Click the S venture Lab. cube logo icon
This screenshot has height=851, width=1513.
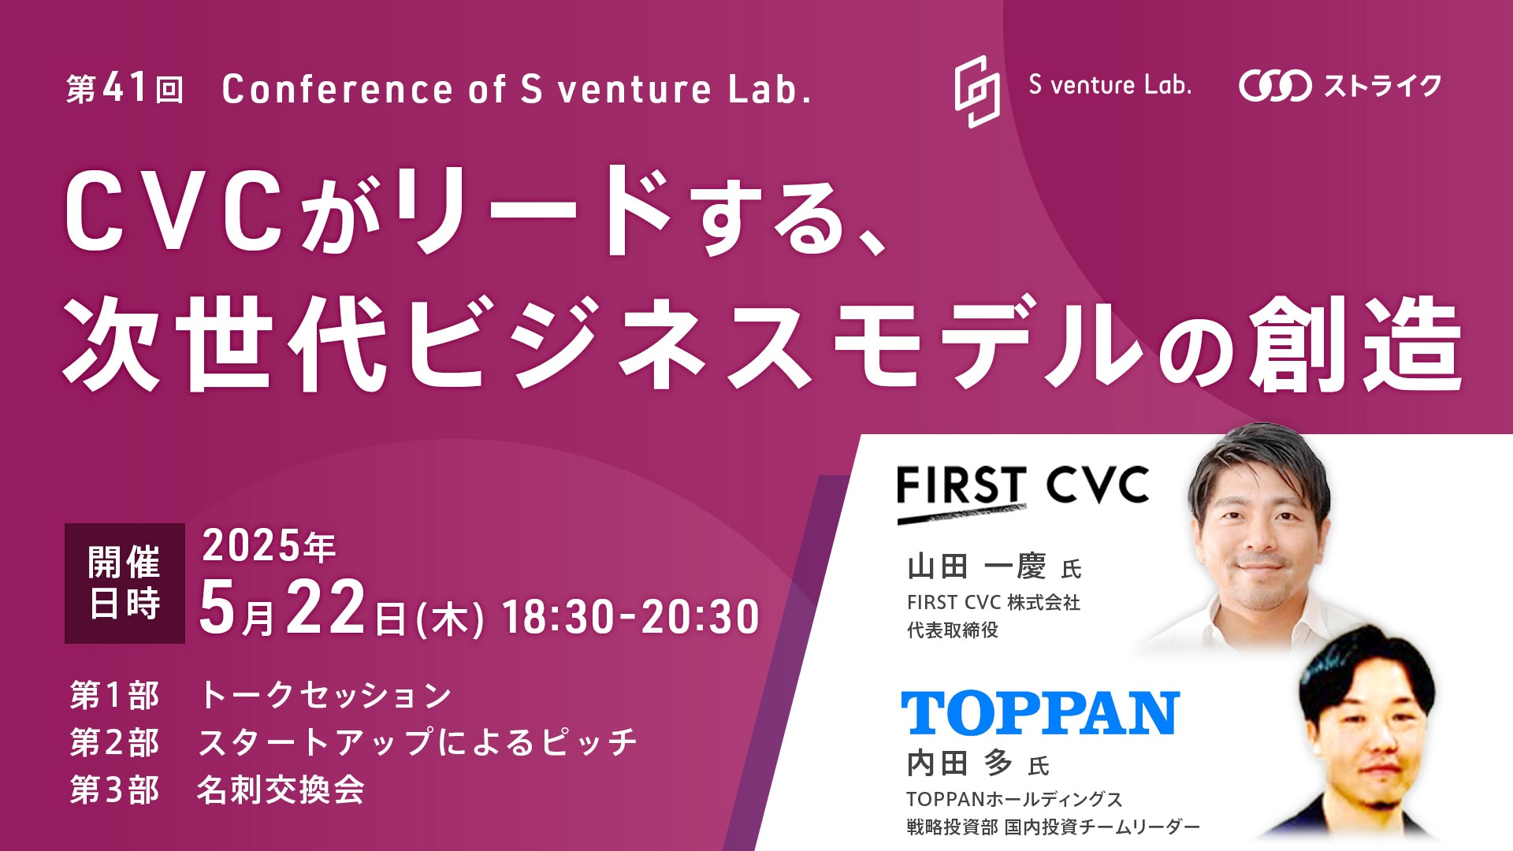tap(977, 91)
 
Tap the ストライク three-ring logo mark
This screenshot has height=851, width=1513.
tap(1274, 86)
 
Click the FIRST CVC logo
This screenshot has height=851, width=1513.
tap(1023, 493)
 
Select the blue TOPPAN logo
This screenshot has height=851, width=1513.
tap(1040, 713)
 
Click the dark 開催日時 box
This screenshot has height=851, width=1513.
tap(125, 583)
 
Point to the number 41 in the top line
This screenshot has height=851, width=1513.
tap(125, 88)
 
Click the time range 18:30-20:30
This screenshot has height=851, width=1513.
tap(630, 616)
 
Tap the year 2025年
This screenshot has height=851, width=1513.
tap(269, 545)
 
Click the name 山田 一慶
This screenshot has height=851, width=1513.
tap(976, 567)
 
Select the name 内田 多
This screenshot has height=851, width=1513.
tap(959, 763)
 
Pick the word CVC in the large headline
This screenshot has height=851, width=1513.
tap(173, 211)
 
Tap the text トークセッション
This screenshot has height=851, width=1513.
tap(325, 695)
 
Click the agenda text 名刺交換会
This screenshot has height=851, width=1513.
tap(281, 790)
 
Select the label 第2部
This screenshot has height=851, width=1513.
tap(114, 742)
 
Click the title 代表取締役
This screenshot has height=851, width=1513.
tap(952, 630)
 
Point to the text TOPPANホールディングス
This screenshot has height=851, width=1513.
tap(1014, 799)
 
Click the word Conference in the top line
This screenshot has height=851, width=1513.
tap(337, 89)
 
